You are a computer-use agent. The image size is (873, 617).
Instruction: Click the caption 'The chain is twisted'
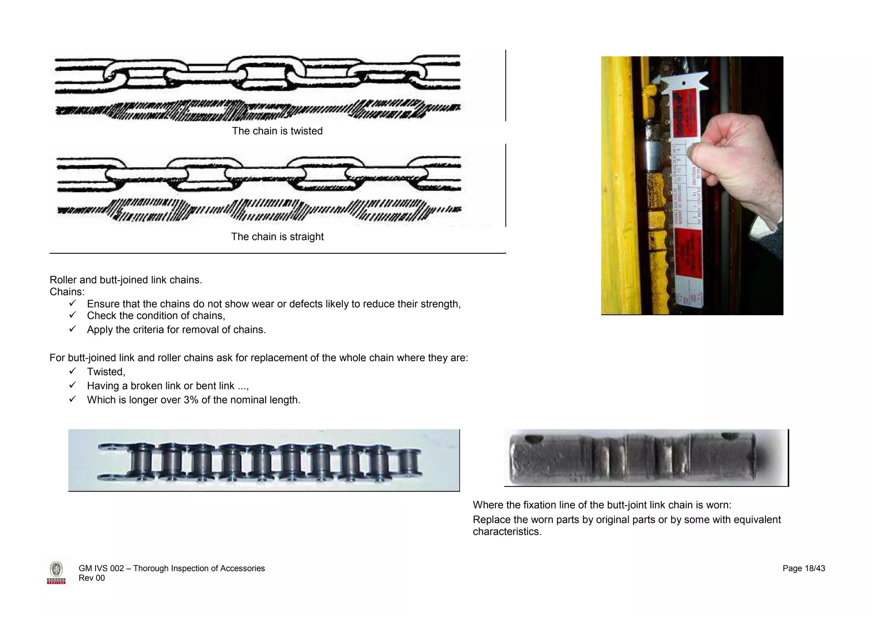(x=277, y=131)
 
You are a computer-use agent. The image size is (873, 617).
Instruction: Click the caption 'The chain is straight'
(x=277, y=237)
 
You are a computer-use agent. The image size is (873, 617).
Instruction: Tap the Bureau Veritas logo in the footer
(x=56, y=573)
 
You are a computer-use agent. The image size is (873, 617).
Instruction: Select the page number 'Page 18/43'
(x=804, y=568)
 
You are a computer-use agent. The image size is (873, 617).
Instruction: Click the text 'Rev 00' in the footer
(x=92, y=578)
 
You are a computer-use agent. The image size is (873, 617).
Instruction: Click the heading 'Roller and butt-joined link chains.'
(x=126, y=280)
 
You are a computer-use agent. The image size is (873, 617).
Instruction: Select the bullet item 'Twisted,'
(x=106, y=372)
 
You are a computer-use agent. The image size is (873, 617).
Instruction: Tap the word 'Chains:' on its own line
(x=67, y=292)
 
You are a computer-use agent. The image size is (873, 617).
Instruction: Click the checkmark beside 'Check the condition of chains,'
(x=72, y=315)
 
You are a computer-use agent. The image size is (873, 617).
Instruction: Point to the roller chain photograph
(x=263, y=461)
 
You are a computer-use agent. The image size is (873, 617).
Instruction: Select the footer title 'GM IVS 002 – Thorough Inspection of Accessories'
(x=171, y=568)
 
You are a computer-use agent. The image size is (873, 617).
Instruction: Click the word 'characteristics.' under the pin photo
(x=507, y=532)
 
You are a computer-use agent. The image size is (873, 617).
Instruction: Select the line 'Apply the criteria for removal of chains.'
(x=176, y=330)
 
